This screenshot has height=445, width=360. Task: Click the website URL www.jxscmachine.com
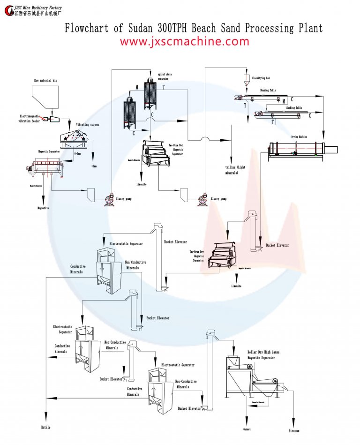(184, 41)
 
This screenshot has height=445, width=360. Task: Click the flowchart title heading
(194, 28)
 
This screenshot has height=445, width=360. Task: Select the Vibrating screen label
(88, 125)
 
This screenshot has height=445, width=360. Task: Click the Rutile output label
(45, 427)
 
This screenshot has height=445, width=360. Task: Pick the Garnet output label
(247, 429)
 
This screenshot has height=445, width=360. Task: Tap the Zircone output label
(293, 430)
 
